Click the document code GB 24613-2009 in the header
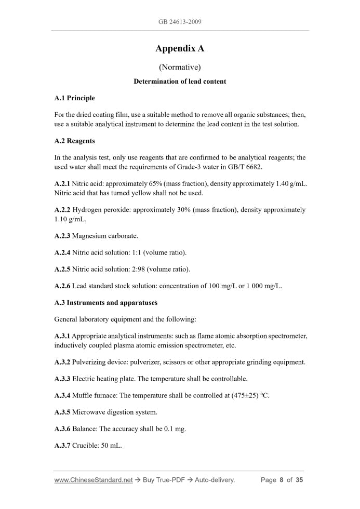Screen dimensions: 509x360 coord(180,22)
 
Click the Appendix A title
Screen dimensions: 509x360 coord(180,49)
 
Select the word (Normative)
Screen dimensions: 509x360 coord(180,67)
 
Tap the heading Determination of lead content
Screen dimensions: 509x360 coord(180,82)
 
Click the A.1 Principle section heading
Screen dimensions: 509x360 coord(74,98)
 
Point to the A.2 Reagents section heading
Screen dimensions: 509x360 coord(74,141)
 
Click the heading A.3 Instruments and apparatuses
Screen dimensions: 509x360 coord(106,302)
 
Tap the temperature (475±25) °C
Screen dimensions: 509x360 coord(247,395)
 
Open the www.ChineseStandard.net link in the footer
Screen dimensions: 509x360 coord(94,480)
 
